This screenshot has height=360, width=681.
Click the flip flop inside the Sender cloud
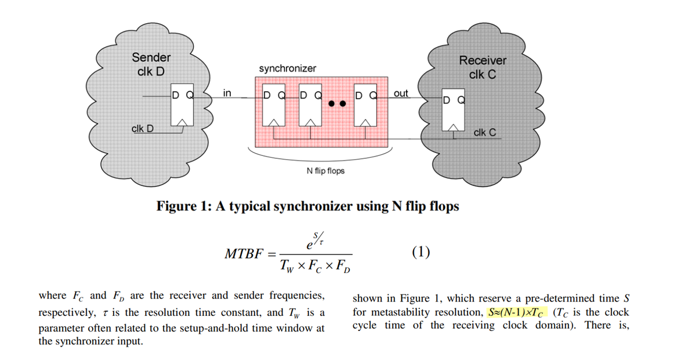click(x=182, y=108)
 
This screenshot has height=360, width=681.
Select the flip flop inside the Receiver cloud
click(x=454, y=110)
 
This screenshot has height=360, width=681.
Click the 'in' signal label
click(x=227, y=93)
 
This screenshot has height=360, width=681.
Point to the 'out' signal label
click(x=401, y=93)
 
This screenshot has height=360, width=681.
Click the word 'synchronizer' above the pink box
click(x=288, y=68)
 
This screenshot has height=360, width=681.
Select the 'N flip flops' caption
click(x=325, y=171)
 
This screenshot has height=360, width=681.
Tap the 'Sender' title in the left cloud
click(x=151, y=57)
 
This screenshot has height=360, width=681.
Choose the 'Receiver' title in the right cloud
click(x=483, y=60)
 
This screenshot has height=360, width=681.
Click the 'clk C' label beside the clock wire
click(x=484, y=133)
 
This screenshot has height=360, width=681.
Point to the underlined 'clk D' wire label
click(x=143, y=129)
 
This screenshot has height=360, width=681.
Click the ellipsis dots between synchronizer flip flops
click(x=337, y=104)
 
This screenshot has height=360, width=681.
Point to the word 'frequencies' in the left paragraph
click(x=297, y=296)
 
